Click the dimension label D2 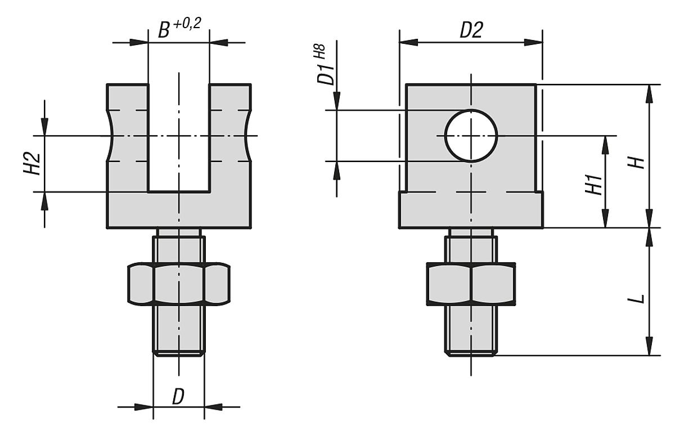tap(471, 32)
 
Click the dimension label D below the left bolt tap(178, 397)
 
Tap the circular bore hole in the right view tap(471, 136)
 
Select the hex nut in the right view tap(471, 285)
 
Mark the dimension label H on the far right tap(637, 163)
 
